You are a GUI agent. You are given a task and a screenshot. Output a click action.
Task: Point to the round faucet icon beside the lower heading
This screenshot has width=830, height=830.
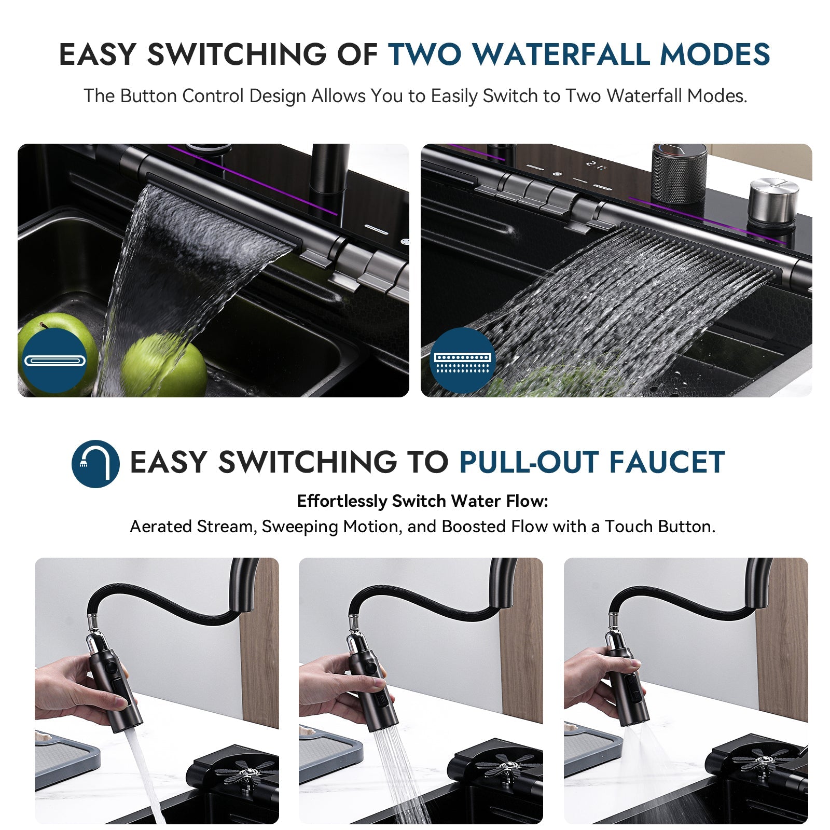click(95, 463)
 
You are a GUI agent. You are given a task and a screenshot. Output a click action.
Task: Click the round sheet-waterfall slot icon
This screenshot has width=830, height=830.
click(54, 361)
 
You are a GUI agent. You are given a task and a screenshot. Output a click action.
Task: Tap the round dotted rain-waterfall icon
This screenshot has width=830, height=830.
click(462, 361)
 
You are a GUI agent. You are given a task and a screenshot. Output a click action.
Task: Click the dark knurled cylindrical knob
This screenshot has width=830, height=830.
click(679, 174)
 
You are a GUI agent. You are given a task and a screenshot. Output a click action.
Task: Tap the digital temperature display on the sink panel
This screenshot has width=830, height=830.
click(596, 165)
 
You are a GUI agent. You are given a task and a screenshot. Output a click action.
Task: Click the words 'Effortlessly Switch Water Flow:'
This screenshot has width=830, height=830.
click(422, 501)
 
